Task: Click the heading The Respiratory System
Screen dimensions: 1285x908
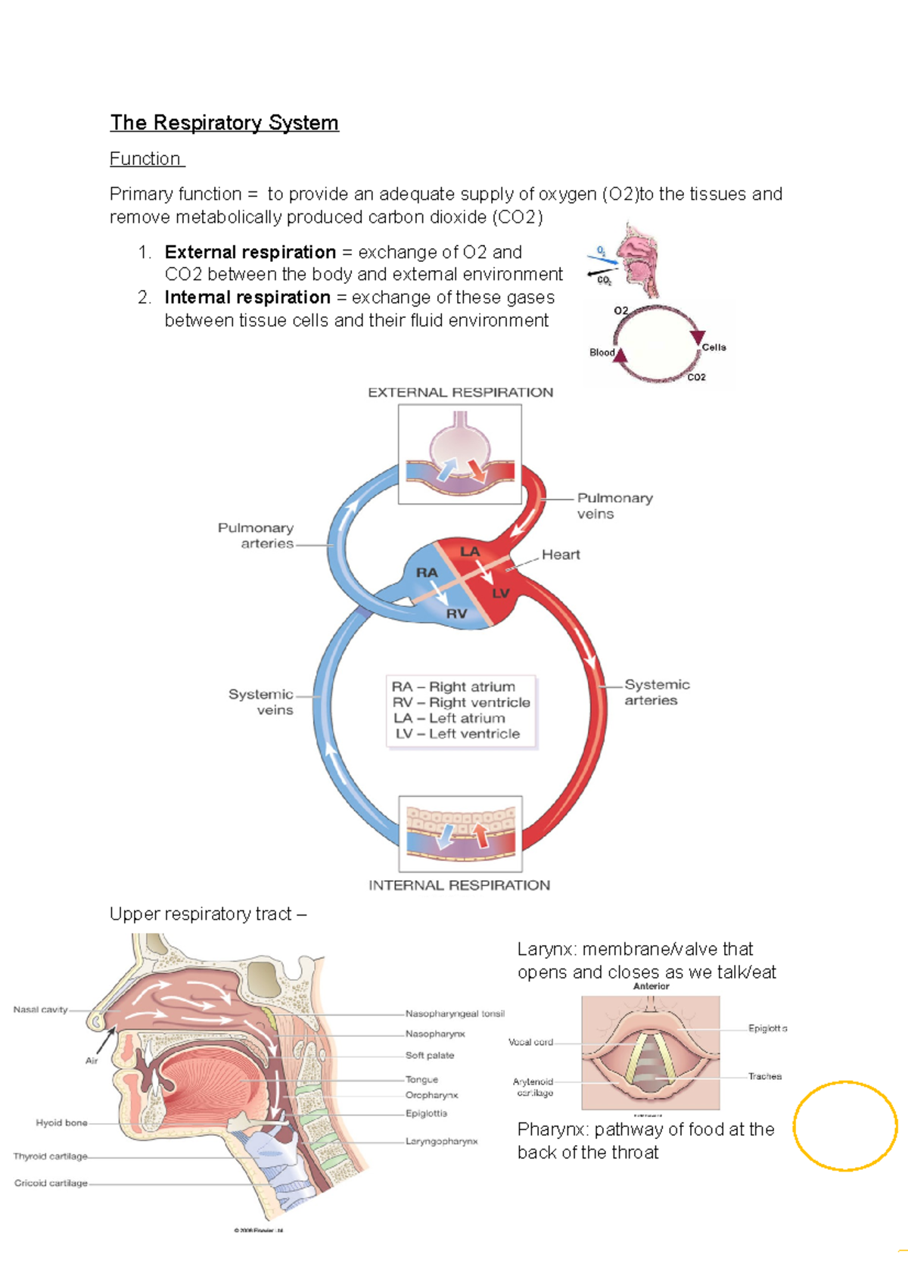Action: (224, 123)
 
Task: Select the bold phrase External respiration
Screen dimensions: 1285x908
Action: (250, 252)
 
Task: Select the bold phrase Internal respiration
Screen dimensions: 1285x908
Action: (247, 297)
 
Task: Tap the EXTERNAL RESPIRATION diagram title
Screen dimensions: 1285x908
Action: (460, 392)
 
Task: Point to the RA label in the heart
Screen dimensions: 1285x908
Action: (427, 573)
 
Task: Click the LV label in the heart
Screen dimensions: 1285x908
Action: (500, 593)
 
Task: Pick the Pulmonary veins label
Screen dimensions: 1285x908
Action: (614, 506)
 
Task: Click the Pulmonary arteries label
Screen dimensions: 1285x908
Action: (257, 535)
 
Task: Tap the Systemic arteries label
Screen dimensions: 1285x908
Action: (656, 692)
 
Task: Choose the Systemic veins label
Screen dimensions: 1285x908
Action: (262, 702)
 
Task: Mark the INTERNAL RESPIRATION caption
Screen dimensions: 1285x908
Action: (459, 885)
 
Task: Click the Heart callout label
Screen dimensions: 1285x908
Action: (561, 555)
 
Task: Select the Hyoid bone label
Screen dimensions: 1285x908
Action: (61, 1123)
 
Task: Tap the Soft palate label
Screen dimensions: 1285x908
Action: (430, 1055)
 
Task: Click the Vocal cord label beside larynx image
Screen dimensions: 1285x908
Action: (530, 1042)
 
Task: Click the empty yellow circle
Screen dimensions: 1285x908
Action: (845, 1126)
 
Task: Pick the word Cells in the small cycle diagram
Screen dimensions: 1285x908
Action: (714, 347)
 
